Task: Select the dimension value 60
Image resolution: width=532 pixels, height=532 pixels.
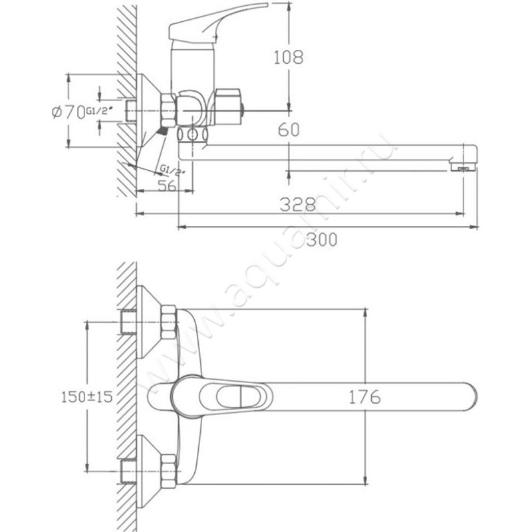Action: click(x=288, y=130)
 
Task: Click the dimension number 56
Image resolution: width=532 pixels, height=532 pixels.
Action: click(x=167, y=187)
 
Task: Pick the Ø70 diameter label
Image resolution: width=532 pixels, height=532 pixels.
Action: click(x=66, y=112)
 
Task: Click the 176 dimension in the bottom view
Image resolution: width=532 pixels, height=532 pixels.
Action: click(x=364, y=398)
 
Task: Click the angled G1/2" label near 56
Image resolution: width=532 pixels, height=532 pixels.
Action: click(x=172, y=170)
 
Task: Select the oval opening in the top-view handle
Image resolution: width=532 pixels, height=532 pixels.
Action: click(x=229, y=397)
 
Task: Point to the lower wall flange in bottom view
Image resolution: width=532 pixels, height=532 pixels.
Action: click(x=146, y=472)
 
